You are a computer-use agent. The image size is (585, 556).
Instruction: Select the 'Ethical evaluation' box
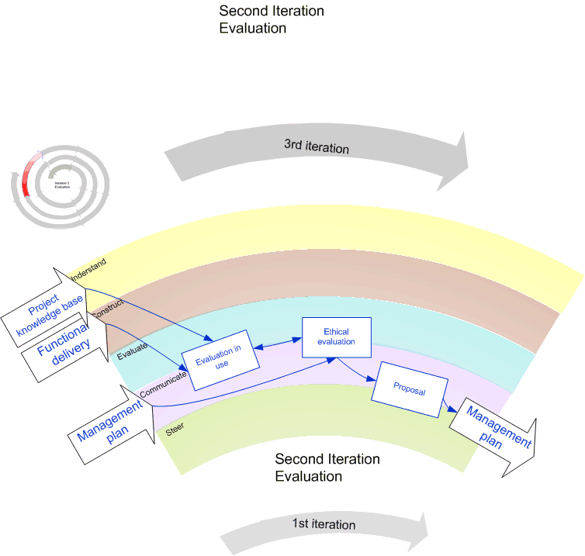pos(336,337)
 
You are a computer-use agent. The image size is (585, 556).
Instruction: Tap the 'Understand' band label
pos(88,268)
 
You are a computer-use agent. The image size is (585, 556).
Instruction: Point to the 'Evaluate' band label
pos(132,352)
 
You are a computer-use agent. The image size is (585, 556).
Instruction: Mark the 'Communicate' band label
pos(164,385)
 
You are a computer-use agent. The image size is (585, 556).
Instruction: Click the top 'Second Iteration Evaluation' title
pos(272,19)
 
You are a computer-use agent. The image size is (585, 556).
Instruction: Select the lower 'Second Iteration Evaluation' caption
pos(327,467)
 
